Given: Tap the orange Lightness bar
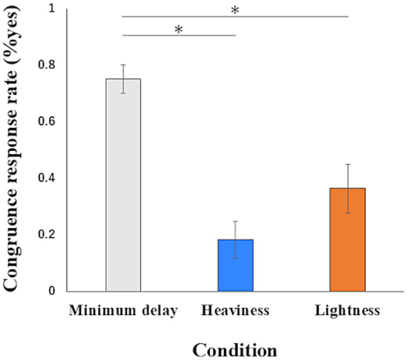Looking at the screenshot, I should (347, 240).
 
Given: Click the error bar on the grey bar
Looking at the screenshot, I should (123, 79).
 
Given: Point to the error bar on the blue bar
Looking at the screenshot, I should (235, 239).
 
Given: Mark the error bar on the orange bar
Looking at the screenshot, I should (347, 188).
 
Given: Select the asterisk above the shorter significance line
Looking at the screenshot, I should (179, 30).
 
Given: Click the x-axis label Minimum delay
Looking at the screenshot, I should (123, 311).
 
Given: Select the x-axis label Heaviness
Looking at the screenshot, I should (235, 311).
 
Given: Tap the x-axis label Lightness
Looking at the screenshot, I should (347, 311).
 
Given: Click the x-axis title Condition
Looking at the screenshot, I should (235, 348).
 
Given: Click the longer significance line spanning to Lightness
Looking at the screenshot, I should (287, 16).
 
